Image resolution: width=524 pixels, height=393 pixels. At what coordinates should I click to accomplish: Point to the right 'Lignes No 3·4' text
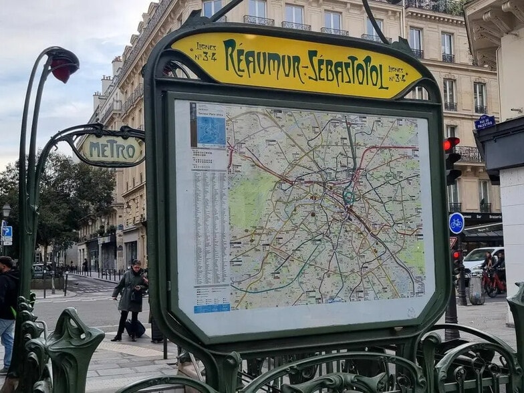[x=397, y=74]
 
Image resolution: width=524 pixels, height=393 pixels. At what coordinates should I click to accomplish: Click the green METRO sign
[x=111, y=149]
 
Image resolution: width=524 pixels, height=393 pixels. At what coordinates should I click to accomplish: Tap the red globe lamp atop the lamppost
[x=65, y=68]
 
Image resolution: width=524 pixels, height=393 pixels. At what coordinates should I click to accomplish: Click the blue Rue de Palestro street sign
[x=485, y=122]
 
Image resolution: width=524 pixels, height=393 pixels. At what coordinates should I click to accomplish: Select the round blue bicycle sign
[x=456, y=223]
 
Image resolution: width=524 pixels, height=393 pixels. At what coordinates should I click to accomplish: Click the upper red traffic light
[x=451, y=144]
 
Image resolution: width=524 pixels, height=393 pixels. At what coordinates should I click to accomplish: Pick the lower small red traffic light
[x=456, y=255]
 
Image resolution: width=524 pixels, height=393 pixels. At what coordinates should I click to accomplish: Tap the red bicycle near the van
[x=494, y=282]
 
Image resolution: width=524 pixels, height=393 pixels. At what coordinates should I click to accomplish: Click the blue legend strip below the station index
[x=212, y=308]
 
